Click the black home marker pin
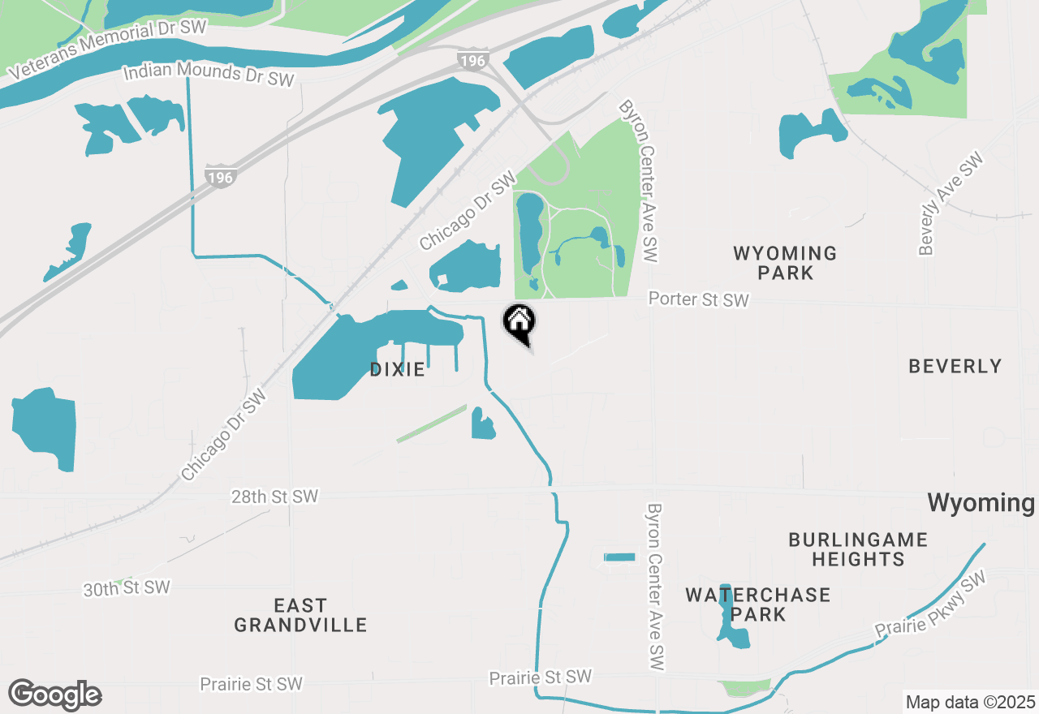[x=519, y=323]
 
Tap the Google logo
[x=55, y=695]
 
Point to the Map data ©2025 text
[x=971, y=702]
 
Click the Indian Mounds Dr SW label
[x=208, y=74]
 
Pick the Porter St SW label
[x=698, y=300]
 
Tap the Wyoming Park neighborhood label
[x=785, y=263]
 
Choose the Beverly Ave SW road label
[x=951, y=204]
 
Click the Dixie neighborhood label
[x=397, y=370]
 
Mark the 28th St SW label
[x=274, y=497]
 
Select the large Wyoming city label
[x=981, y=503]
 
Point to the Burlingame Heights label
[x=858, y=549]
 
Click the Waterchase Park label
[x=758, y=604]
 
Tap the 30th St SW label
[x=127, y=587]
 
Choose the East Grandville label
[x=300, y=615]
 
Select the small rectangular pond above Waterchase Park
[x=619, y=557]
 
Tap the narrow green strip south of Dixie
[x=432, y=424]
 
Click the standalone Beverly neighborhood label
[x=955, y=367]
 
